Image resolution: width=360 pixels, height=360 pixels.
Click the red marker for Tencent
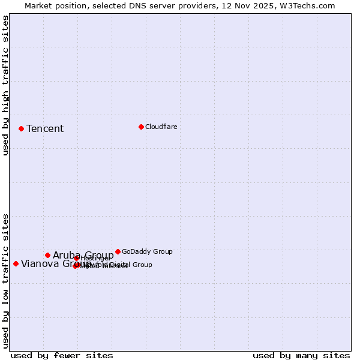(21, 128)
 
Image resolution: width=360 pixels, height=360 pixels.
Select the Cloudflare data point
(141, 127)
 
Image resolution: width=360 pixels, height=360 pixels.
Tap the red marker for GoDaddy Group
(118, 251)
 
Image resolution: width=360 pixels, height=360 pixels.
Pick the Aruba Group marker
(47, 255)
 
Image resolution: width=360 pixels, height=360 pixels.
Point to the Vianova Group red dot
(16, 263)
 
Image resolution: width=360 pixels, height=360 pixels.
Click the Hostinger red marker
(76, 258)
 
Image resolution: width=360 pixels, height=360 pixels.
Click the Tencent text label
(45, 128)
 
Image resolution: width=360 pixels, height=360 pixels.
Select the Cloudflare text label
(161, 127)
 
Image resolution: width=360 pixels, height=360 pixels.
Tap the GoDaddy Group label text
(147, 251)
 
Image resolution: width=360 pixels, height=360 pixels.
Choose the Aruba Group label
(83, 255)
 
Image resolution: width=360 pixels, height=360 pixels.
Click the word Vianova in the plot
(40, 263)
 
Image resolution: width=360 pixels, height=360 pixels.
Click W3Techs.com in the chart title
(305, 5)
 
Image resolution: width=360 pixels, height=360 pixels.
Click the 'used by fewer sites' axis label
(62, 355)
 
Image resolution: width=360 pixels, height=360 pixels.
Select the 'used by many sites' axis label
(301, 355)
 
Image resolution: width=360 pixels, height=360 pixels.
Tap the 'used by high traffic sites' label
(6, 85)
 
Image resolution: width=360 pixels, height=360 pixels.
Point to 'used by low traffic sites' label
(6, 280)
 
